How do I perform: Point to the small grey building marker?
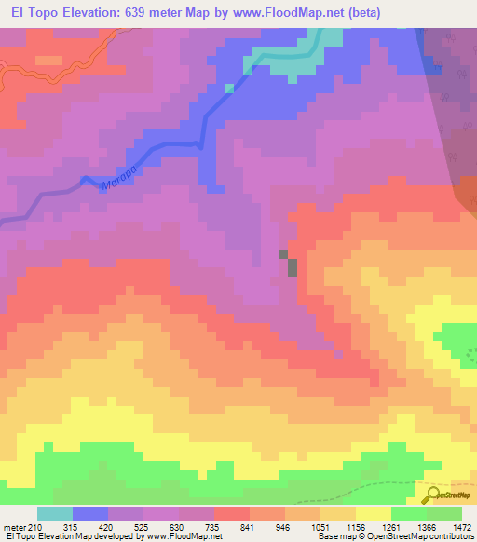click(x=292, y=267)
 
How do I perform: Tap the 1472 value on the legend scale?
click(x=461, y=527)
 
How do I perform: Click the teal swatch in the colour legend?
click(x=55, y=513)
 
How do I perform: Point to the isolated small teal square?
click(x=229, y=88)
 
